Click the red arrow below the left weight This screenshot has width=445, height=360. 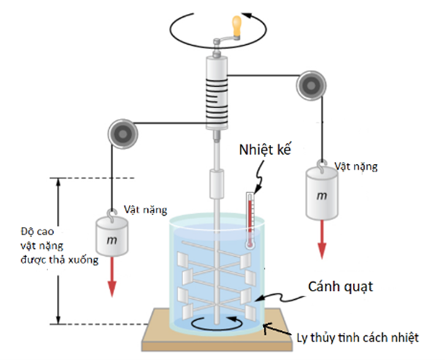110,284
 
